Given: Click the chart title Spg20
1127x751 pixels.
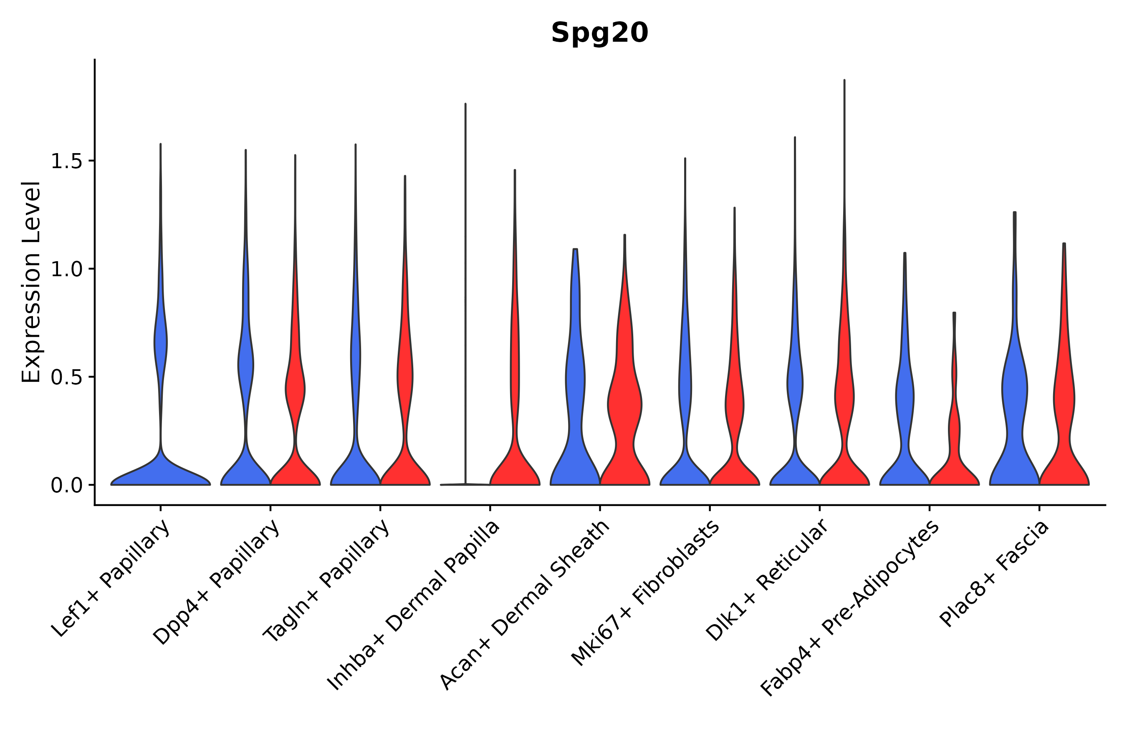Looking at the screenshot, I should (599, 33).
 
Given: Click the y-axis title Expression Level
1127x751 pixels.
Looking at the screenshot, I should (31, 282).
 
